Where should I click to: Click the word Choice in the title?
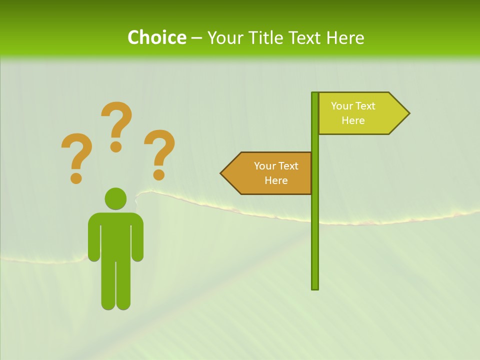coord(156,37)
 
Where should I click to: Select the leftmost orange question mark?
coord(76,156)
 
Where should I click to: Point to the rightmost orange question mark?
coord(159,152)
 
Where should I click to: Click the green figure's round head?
coord(115,198)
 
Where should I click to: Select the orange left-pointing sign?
coord(270,173)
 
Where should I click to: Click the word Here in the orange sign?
coord(276,180)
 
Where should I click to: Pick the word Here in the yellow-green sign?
coord(353,120)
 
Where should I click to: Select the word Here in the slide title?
coord(345,37)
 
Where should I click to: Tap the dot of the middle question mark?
coord(116,146)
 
